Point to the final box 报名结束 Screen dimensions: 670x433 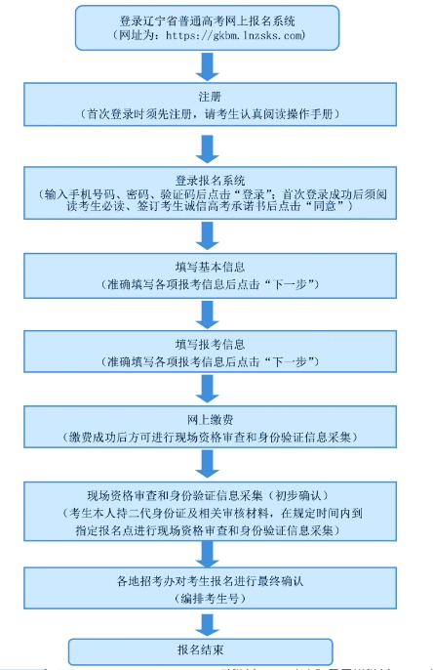[x=201, y=649]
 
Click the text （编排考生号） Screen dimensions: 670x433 [x=208, y=598]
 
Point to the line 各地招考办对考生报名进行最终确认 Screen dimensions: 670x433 [x=208, y=582]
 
